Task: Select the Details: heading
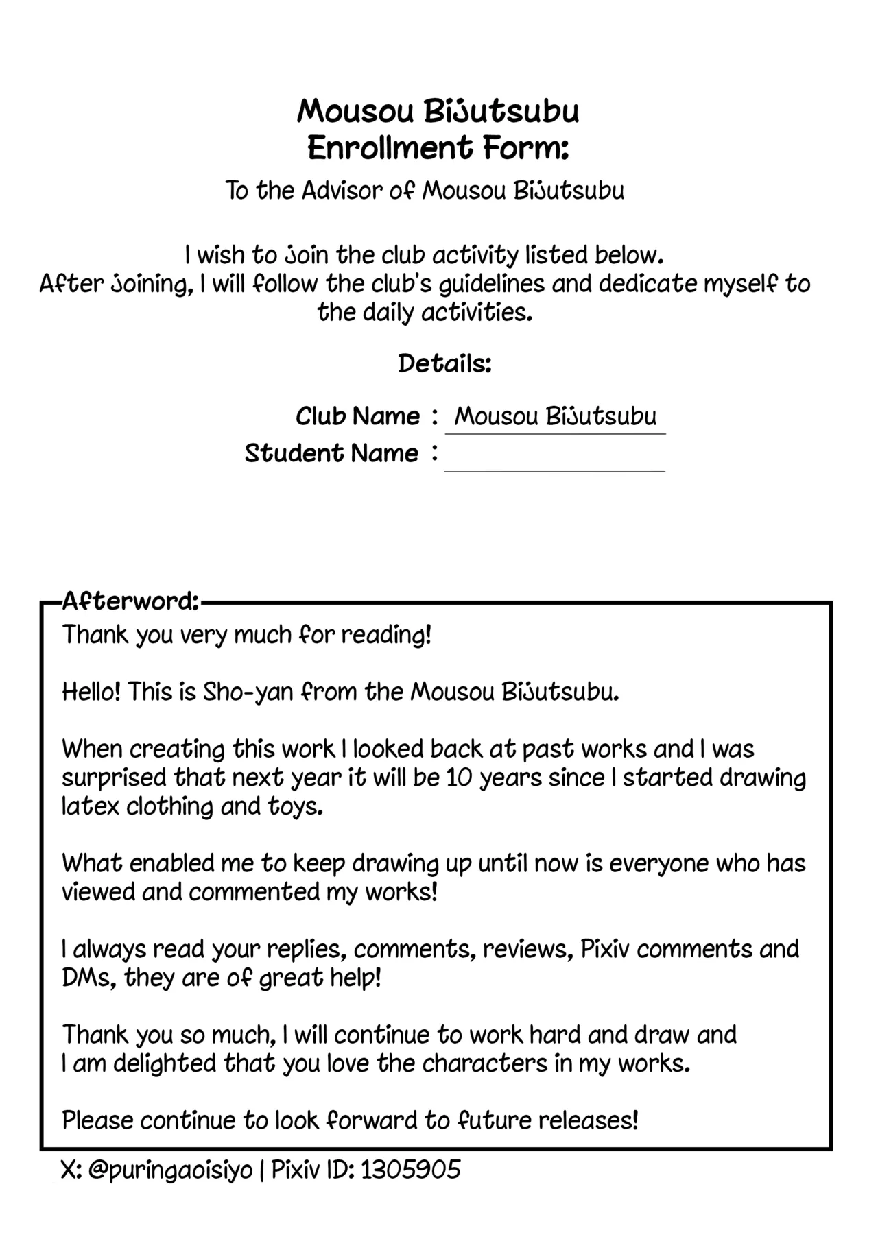click(444, 363)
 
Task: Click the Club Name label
click(357, 416)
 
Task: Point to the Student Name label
click(331, 453)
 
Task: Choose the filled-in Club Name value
click(556, 416)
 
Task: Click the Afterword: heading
click(130, 602)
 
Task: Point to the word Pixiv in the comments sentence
click(605, 949)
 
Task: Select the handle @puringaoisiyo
click(171, 1170)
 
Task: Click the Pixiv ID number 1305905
click(410, 1170)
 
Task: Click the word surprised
click(114, 778)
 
